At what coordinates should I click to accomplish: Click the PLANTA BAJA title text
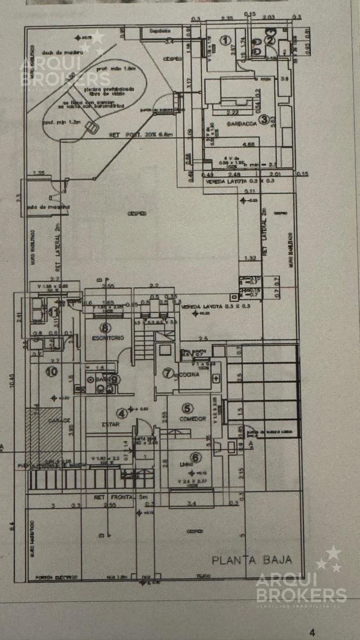click(x=252, y=559)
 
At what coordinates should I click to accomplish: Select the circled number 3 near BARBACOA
click(x=263, y=121)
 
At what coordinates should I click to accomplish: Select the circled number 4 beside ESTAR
click(x=123, y=413)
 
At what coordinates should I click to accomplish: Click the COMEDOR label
click(x=193, y=419)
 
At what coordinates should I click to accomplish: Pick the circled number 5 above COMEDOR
click(x=187, y=408)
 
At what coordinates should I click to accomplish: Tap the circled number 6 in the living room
click(x=196, y=457)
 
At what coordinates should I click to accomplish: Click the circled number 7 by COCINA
click(x=168, y=373)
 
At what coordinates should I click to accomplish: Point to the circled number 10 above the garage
click(x=51, y=372)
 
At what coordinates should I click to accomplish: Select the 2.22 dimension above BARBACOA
click(x=232, y=113)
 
